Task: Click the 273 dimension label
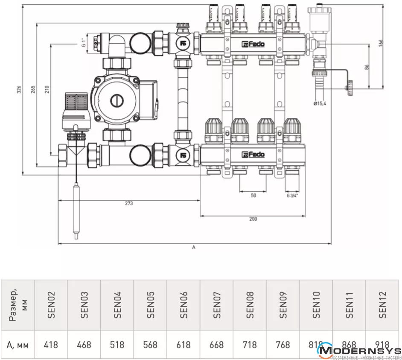click(x=128, y=203)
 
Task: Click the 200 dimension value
click(x=253, y=219)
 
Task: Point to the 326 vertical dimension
click(x=18, y=89)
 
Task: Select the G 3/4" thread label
click(x=292, y=195)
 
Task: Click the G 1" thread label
click(x=84, y=42)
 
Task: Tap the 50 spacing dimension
click(x=253, y=195)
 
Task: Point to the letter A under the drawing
click(x=194, y=247)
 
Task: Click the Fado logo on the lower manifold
click(x=253, y=154)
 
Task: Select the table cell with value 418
click(x=51, y=344)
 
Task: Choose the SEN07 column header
click(x=217, y=305)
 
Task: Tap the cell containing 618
click(x=184, y=344)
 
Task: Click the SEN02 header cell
click(x=51, y=305)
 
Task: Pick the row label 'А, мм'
click(x=17, y=344)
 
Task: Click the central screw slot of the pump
click(x=117, y=101)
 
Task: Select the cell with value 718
click(x=250, y=344)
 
